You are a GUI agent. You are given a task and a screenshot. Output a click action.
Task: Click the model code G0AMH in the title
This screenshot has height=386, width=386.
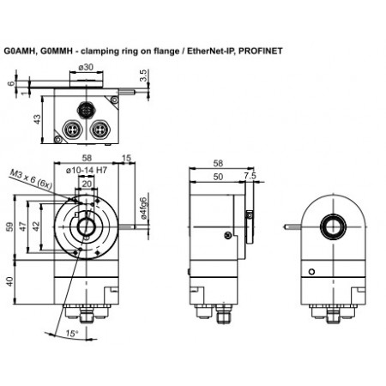pos(21,51)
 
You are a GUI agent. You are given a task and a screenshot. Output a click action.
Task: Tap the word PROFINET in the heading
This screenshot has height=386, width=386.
pos(261,51)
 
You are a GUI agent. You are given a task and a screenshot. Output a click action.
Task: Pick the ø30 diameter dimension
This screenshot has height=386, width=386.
pos(86,67)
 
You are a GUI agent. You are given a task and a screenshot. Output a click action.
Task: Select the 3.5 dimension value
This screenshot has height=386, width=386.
pos(142,76)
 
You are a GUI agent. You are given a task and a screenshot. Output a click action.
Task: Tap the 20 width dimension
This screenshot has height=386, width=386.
pos(87,184)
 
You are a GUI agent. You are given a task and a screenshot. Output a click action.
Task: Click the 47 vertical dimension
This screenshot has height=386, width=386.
pos(22,227)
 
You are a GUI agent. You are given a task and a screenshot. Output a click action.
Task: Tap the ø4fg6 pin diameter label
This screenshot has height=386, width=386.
pos(143,209)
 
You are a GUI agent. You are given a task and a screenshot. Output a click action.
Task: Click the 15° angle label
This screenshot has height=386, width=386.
pos(72,332)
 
